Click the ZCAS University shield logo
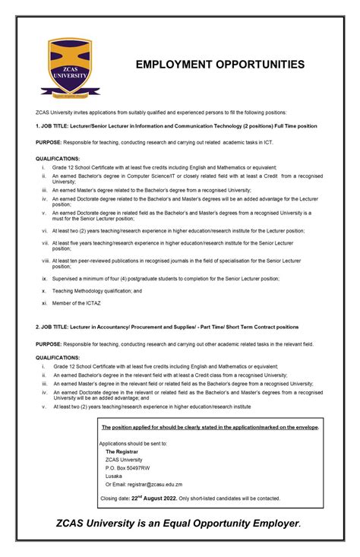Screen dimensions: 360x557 click(x=70, y=70)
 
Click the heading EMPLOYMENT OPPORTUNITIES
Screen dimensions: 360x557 click(x=220, y=65)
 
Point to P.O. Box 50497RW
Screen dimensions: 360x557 click(x=128, y=467)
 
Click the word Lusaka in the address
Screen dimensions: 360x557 click(x=114, y=476)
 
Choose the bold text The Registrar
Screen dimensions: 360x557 click(x=122, y=451)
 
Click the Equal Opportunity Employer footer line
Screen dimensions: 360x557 click(x=179, y=524)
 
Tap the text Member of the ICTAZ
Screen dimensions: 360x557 click(x=77, y=303)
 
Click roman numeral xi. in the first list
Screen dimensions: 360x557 click(x=45, y=303)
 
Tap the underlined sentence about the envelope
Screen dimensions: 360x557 click(x=210, y=427)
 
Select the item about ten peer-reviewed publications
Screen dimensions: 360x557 click(x=177, y=264)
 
